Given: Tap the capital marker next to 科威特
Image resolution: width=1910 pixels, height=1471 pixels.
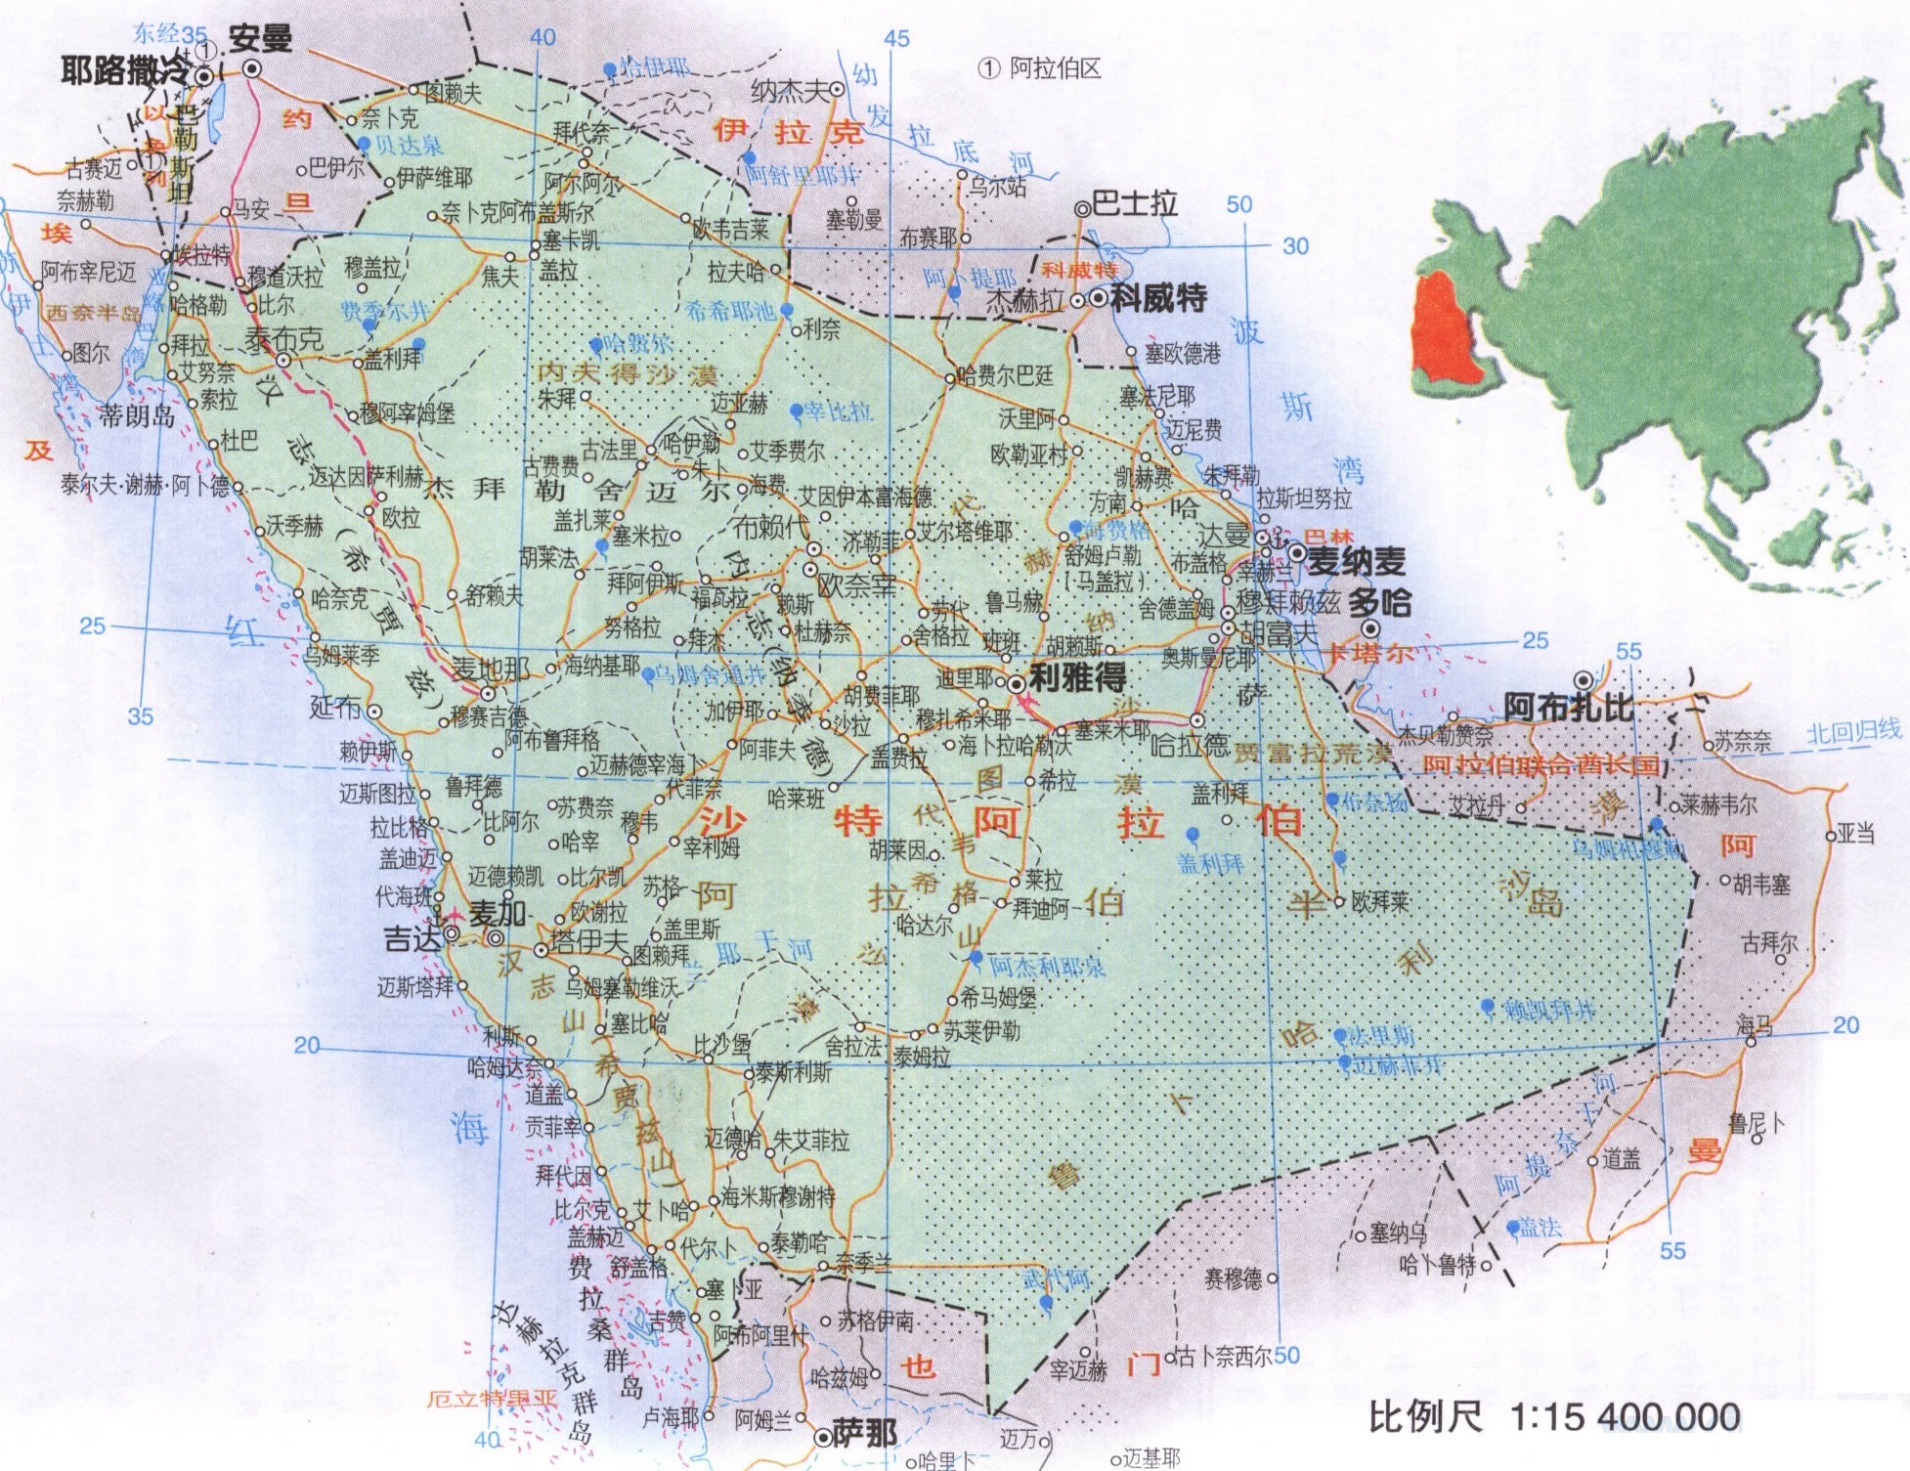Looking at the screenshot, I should pos(1099,298).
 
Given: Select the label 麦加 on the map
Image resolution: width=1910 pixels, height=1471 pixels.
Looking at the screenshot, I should pos(499,913).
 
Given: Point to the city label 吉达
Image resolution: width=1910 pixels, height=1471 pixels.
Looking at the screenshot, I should pos(413,938).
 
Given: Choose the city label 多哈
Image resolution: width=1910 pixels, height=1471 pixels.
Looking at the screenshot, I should pos(1380,602).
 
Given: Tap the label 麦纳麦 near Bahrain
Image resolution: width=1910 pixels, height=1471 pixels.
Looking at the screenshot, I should pos(1357,561).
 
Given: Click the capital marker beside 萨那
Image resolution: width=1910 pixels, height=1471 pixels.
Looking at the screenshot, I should pos(823,1436).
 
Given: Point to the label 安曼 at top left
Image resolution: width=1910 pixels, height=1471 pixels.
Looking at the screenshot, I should pos(260,39).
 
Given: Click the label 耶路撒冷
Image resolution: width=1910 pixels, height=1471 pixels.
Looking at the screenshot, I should pos(125,70).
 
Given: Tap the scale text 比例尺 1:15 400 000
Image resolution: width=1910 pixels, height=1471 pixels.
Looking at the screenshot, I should pos(1554,1415).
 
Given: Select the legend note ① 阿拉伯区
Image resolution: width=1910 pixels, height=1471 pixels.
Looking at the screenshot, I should pos(1040,68).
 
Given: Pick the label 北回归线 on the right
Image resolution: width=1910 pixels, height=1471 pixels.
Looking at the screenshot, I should pos(1853,732).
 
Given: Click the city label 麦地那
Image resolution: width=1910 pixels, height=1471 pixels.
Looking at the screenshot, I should pos(491,670).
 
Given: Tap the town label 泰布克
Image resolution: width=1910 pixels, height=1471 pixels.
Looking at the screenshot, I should pos(283,339).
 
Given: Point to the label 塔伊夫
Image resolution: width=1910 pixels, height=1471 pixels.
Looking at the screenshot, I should pos(588,940).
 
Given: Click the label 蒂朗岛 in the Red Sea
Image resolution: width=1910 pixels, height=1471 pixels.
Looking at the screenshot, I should pos(137,416).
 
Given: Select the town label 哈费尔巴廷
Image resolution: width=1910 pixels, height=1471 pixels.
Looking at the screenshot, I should pos(1007,375).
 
